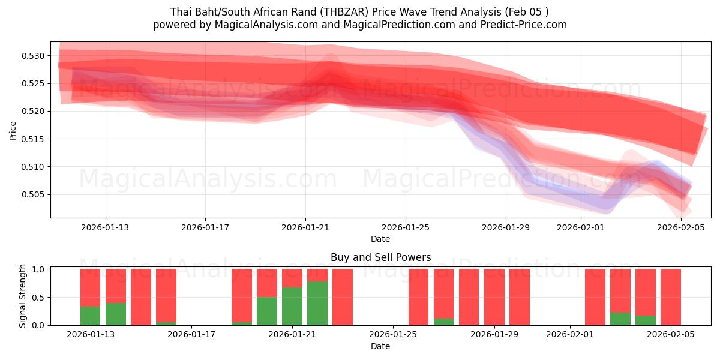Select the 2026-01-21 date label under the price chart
305,227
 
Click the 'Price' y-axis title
13,130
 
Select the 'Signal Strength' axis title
23,296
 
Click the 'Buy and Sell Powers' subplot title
380,257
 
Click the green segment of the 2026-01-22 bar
317,303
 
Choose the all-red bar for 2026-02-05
671,297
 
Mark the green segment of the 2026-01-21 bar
292,306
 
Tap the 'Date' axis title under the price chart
380,239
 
